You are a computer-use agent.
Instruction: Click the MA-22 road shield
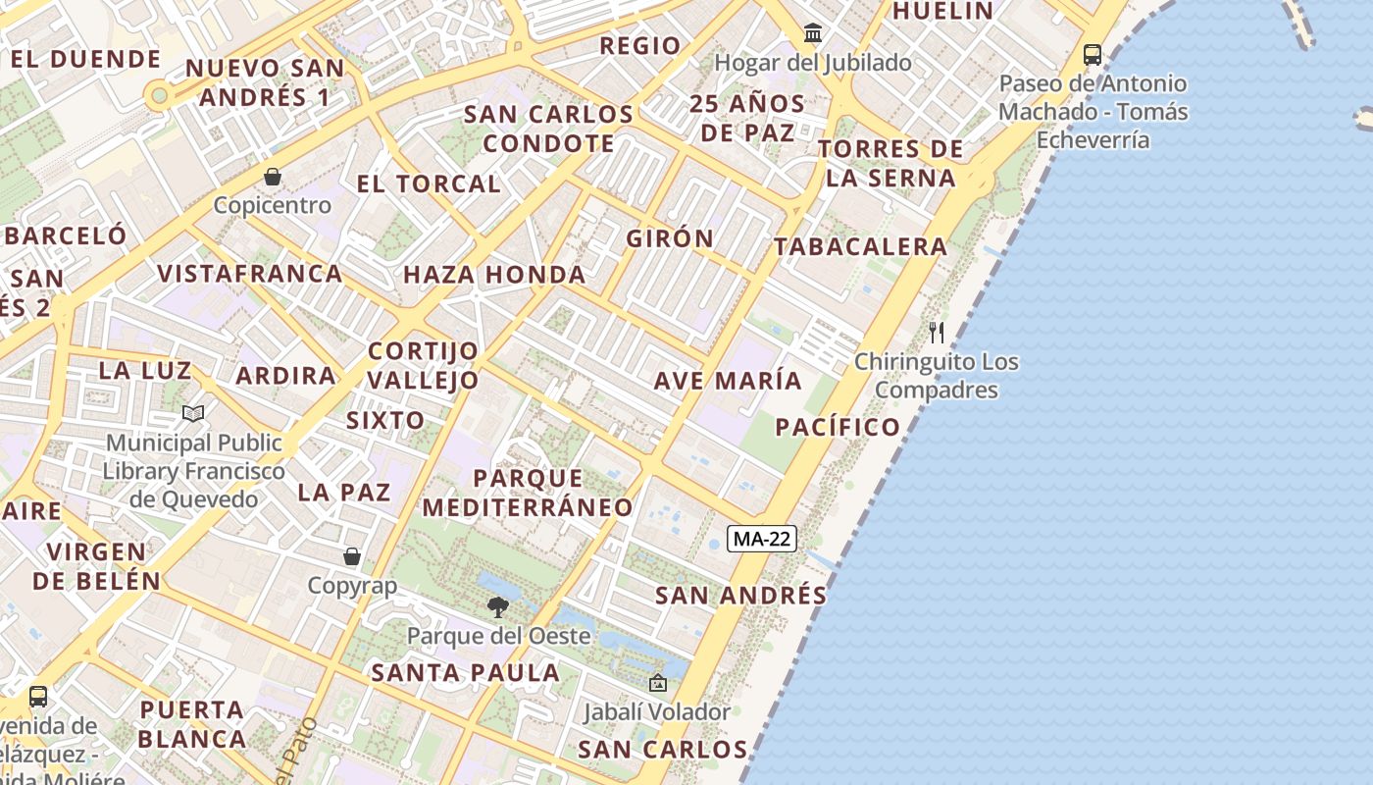[x=762, y=538]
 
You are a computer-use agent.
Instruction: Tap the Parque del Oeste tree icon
[x=498, y=606]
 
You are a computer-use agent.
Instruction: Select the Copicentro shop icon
[x=273, y=177]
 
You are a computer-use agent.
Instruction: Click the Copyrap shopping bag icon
[x=352, y=557]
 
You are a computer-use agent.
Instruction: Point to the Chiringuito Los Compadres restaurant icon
[x=937, y=333]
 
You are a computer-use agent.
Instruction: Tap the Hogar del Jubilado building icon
[x=813, y=33]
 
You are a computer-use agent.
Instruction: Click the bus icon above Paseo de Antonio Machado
[x=1092, y=54]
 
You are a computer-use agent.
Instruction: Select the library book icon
[x=193, y=414]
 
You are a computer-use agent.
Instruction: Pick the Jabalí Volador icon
[x=657, y=683]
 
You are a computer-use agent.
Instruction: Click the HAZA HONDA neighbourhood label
[x=494, y=275]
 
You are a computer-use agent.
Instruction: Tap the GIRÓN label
[x=671, y=238]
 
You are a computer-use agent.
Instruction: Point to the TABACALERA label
[x=860, y=247]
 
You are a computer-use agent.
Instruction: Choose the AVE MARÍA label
[x=728, y=381]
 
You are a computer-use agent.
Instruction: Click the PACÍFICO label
[x=838, y=427]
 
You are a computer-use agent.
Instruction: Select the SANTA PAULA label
[x=465, y=673]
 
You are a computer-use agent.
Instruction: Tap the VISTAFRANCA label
[x=250, y=274]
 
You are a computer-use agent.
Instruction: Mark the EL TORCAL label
[x=429, y=183]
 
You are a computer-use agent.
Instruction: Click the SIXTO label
[x=385, y=421]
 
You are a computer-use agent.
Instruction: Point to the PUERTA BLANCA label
[x=192, y=724]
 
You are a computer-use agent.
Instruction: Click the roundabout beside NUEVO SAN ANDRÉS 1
[x=157, y=96]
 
